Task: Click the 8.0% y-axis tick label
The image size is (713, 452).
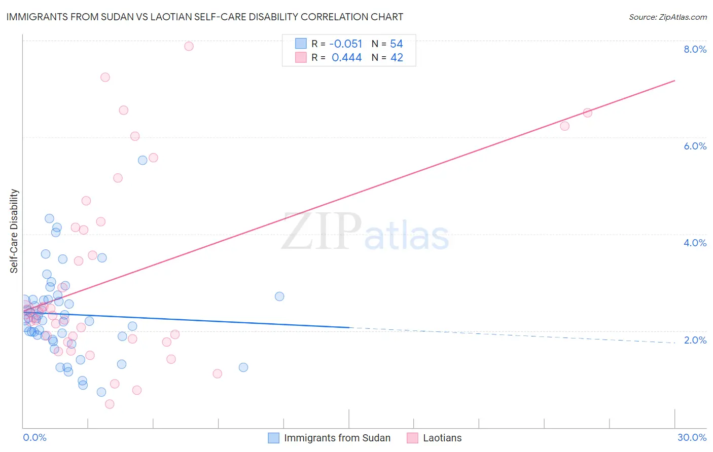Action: coord(695,49)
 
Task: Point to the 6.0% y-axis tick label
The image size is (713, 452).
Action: coord(695,146)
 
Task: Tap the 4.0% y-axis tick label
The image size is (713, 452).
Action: coord(695,243)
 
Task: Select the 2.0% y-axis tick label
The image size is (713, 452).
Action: coord(695,340)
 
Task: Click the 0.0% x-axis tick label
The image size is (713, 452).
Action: coord(34,437)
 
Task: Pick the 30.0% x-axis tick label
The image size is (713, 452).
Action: coord(692,437)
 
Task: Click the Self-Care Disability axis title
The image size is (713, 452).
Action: coord(14,231)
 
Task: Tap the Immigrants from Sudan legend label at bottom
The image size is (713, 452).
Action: coord(337,438)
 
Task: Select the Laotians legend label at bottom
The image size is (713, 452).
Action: coord(442,438)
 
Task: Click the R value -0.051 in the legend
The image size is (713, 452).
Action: coord(345,44)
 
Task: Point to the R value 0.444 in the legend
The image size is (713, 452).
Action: coord(346,58)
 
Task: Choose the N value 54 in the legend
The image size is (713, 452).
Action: coord(396,44)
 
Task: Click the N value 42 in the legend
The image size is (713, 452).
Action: coord(397,58)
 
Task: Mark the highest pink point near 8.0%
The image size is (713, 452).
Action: coord(189,46)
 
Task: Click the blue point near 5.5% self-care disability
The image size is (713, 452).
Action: coord(142,160)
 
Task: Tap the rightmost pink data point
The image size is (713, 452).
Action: coord(587,112)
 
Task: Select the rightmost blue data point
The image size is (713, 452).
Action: coord(279,296)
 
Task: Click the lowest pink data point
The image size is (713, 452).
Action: coord(110,404)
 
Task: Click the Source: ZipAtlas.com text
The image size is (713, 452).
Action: coord(667,17)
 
